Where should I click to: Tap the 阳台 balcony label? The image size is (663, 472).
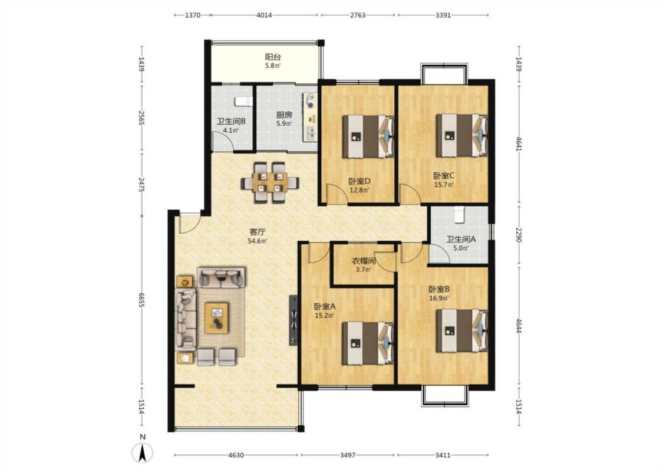[273, 57]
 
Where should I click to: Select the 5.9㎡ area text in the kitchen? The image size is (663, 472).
[284, 124]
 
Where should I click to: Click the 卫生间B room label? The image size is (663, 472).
[231, 121]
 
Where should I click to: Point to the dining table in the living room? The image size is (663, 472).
[270, 182]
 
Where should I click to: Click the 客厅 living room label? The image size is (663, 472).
[258, 232]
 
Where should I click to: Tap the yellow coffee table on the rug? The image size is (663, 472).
[216, 317]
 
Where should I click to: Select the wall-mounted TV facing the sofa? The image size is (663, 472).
[293, 320]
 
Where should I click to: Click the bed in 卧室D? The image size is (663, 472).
[368, 136]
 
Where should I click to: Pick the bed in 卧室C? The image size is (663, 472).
[461, 136]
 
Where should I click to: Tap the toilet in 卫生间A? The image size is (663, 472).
[459, 215]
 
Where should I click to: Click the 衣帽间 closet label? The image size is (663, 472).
[364, 261]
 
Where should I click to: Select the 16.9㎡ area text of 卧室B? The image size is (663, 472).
[439, 298]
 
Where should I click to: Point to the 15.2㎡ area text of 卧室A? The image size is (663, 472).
[324, 316]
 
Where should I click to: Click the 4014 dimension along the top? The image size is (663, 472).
[264, 15]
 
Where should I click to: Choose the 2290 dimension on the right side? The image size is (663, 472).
[519, 235]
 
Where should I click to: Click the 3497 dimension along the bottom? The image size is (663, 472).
[348, 455]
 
